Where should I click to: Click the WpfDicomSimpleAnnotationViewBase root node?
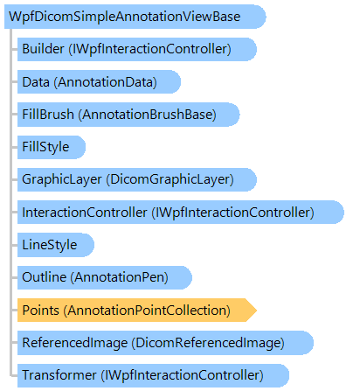point(135,17)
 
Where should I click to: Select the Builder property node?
point(137,49)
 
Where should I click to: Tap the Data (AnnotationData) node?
point(99,82)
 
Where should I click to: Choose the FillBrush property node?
point(128,115)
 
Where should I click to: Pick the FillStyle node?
point(52,147)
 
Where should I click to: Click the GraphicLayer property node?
point(137,179)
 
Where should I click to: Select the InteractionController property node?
point(181,213)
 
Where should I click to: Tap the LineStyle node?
point(56,245)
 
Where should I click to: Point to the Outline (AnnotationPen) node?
point(105,277)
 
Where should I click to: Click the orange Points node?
point(137,311)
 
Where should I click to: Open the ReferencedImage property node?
point(165,343)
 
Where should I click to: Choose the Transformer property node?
point(153,375)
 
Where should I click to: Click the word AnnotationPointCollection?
point(147,311)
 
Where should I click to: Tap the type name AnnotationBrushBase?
point(148,115)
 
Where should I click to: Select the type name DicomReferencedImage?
point(208,343)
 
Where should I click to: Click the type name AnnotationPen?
point(120,277)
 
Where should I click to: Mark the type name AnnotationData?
point(106,82)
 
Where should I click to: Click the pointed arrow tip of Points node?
point(256,311)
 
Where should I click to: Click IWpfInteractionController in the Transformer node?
point(182,375)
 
